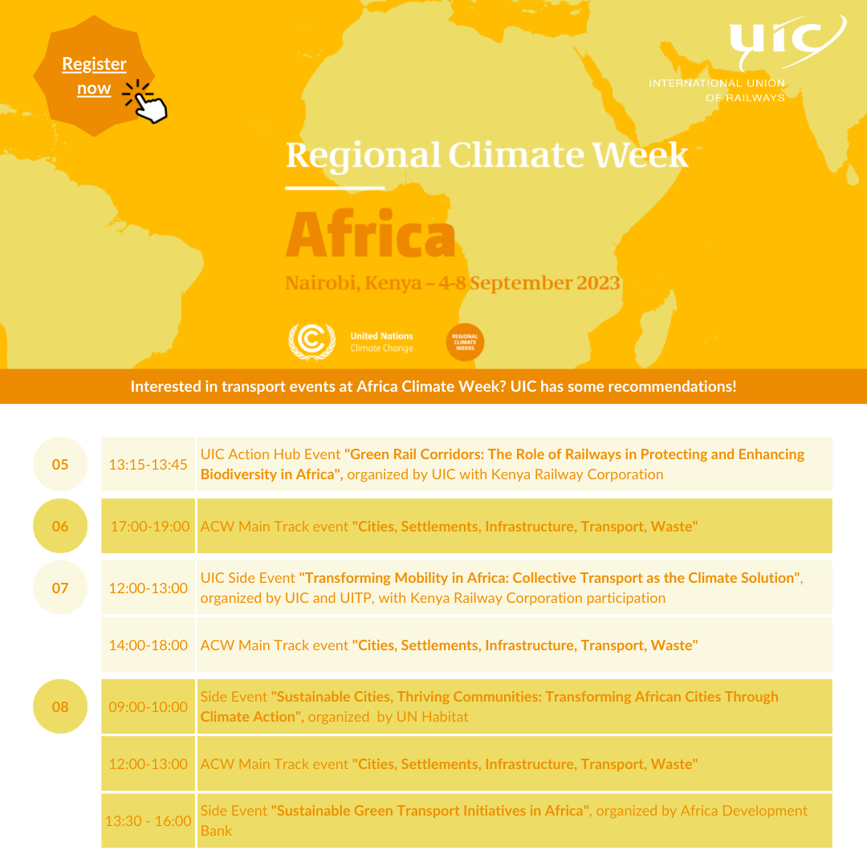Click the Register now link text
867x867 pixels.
click(94, 75)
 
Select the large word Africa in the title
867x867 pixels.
click(370, 234)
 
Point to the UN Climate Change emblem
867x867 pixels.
click(311, 342)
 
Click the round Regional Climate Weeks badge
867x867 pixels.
click(465, 342)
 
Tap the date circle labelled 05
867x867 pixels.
click(60, 464)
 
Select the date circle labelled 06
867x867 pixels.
click(60, 526)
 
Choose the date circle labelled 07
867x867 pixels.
click(60, 588)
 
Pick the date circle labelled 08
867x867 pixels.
click(60, 706)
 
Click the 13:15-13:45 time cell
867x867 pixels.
click(149, 464)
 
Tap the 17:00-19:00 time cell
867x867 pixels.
click(149, 526)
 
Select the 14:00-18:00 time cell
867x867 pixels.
click(149, 645)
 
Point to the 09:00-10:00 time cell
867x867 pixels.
click(149, 706)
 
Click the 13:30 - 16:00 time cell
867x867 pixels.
click(149, 820)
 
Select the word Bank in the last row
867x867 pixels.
click(216, 831)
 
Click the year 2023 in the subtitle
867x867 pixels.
click(598, 283)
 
